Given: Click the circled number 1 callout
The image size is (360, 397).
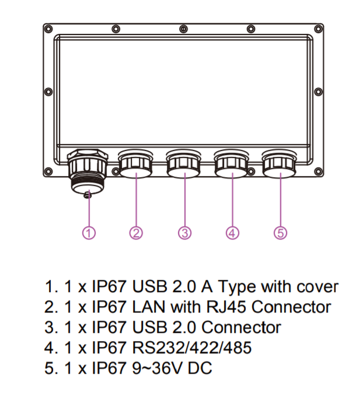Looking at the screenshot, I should coord(88,233).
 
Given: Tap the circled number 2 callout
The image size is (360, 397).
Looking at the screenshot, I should coord(136,233).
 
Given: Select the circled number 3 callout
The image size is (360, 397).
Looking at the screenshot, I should coord(184,233).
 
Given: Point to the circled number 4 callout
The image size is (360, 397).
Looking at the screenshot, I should coord(232,233).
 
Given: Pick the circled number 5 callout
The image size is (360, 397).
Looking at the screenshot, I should coord(281,233).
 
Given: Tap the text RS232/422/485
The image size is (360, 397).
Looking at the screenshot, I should coord(193,348).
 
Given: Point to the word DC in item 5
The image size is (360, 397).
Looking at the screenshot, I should coord(201,368).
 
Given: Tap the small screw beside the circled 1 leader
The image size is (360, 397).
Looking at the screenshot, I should coord(88,195).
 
